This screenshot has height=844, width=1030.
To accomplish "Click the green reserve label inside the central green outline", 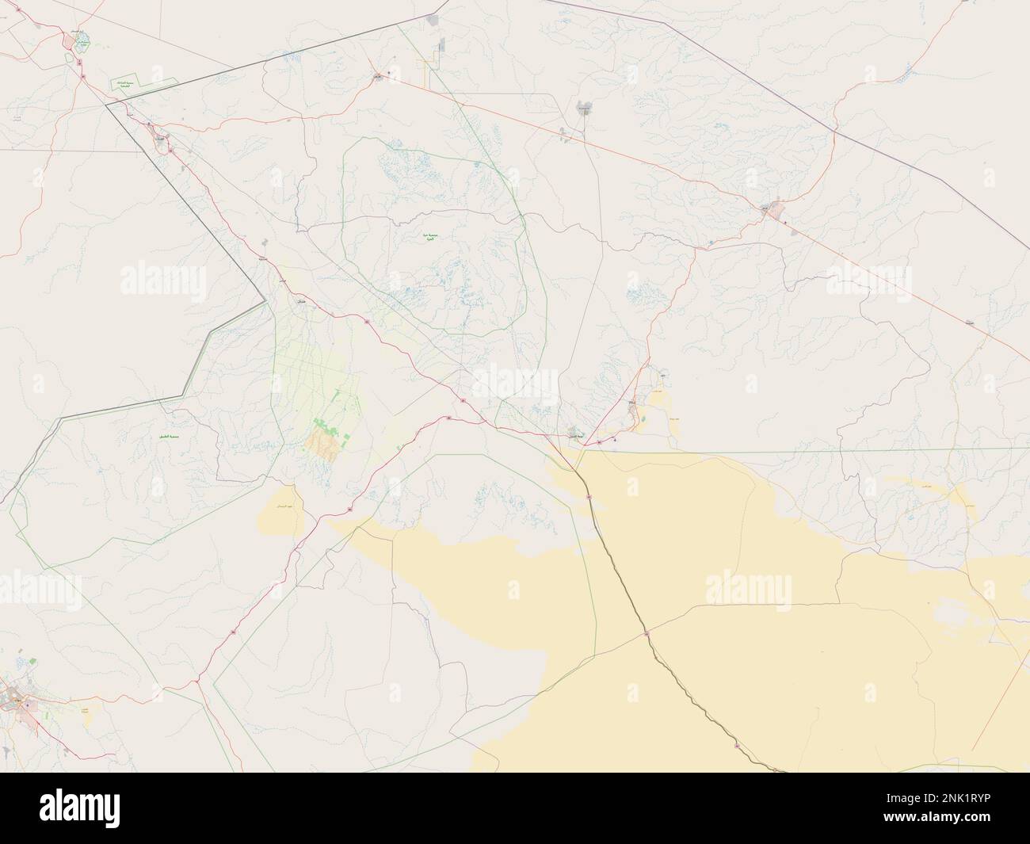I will [x=433, y=237].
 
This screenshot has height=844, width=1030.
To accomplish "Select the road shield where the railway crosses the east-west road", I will [x=647, y=633].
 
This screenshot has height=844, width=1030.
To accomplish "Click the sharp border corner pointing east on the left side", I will [x=265, y=300].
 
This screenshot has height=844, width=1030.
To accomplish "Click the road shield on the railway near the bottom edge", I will [x=737, y=746].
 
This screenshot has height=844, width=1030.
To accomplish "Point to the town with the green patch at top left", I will [x=82, y=41].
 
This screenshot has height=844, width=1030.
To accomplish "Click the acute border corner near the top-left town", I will [x=106, y=104].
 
